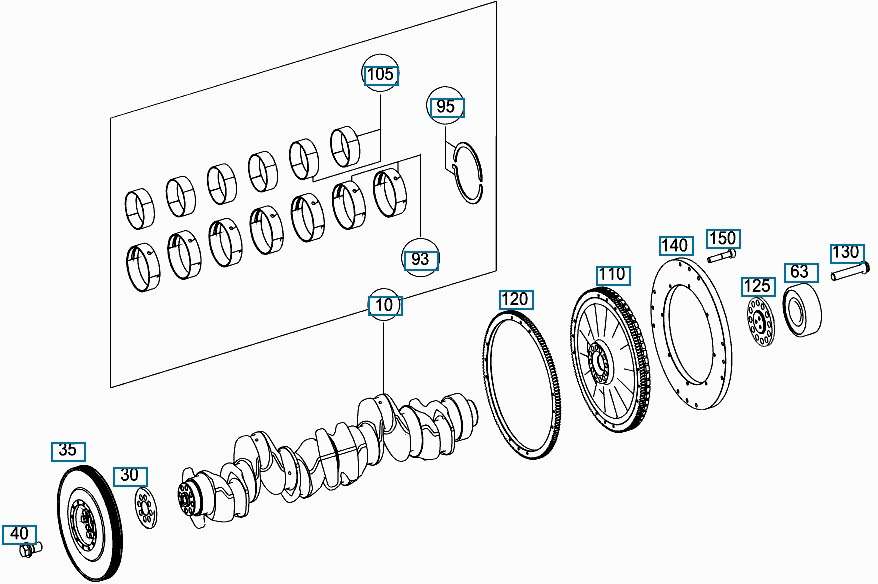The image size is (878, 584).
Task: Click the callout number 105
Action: click(x=380, y=75)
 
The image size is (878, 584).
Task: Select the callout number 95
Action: click(x=446, y=106)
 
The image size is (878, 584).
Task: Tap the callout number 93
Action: click(x=421, y=259)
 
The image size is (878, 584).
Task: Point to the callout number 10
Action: click(x=385, y=305)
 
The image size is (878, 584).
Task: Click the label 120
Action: click(x=515, y=299)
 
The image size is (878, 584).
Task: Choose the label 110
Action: click(x=612, y=274)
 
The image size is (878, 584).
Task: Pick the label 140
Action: click(x=675, y=245)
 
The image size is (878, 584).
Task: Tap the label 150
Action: click(x=722, y=238)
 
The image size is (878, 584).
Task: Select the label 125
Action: click(x=757, y=287)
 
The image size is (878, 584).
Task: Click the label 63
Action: click(x=799, y=271)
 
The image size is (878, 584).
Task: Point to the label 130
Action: click(x=846, y=251)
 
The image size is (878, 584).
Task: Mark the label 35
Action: click(x=68, y=450)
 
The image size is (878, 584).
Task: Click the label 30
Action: click(x=129, y=475)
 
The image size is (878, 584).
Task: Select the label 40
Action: click(x=19, y=533)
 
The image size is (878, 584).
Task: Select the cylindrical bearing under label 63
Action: click(x=802, y=310)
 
